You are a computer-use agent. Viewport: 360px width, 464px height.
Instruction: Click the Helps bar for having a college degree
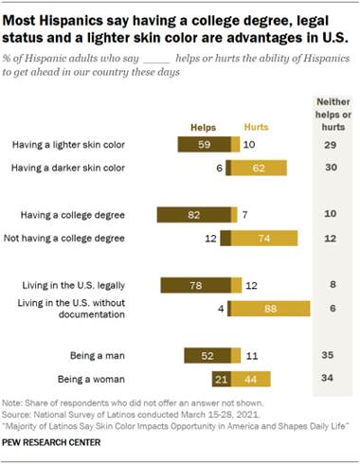[x=193, y=215]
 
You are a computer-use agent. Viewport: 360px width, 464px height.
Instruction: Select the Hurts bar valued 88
[x=270, y=307]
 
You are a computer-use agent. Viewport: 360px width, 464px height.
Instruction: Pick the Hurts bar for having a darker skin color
[x=260, y=168]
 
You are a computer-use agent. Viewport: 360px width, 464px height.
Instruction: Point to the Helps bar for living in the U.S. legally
[x=194, y=284]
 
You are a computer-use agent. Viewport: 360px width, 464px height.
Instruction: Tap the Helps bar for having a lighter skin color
[x=203, y=145]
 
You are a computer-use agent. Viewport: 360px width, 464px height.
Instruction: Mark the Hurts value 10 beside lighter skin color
[x=247, y=145]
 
